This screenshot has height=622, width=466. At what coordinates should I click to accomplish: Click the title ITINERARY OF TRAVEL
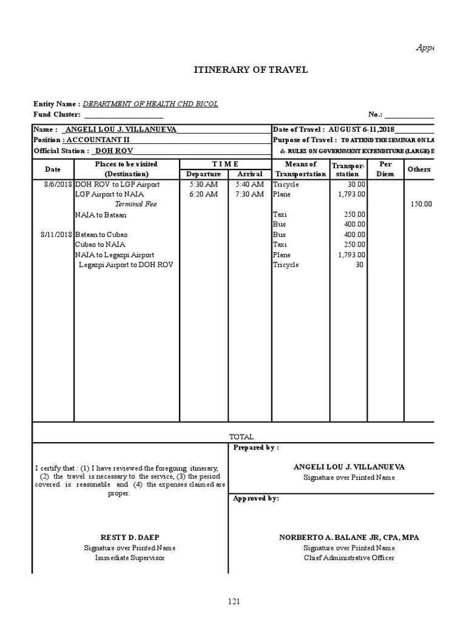click(x=251, y=70)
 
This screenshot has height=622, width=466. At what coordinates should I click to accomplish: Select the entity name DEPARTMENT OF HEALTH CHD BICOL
click(x=150, y=104)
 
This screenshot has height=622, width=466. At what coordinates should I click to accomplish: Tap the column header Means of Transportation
click(x=300, y=169)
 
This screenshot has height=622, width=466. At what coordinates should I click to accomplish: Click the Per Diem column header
click(x=385, y=169)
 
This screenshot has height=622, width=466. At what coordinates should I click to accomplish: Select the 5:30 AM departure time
click(x=203, y=185)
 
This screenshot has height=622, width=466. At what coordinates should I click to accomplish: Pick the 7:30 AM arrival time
click(x=249, y=194)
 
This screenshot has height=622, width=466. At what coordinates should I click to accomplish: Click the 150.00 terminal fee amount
click(x=420, y=204)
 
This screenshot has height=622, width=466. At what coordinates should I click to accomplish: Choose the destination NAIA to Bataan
click(x=101, y=214)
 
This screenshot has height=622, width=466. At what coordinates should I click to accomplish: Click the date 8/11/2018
click(x=56, y=234)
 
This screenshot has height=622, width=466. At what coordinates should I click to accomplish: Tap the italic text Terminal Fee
click(x=136, y=204)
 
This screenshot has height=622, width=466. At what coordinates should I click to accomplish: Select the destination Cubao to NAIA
click(x=100, y=244)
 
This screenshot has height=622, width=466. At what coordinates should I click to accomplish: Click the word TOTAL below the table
click(x=241, y=437)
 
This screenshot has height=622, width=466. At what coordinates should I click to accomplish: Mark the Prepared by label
click(x=256, y=448)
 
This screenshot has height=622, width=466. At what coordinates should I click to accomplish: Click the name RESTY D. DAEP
click(x=129, y=538)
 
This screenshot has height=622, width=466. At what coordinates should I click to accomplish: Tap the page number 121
click(x=234, y=601)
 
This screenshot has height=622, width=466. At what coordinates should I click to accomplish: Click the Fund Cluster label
click(x=57, y=114)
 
